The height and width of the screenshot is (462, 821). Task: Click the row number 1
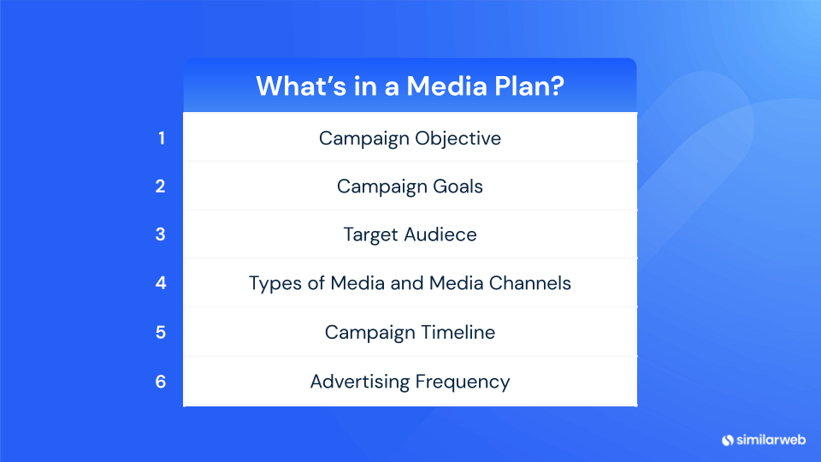[161, 138]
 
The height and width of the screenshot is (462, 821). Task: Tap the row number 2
[161, 186]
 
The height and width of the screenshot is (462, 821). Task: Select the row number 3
[161, 234]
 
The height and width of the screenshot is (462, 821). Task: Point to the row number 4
[161, 282]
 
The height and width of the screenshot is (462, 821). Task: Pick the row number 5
[161, 332]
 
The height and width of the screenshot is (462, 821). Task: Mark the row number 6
[161, 382]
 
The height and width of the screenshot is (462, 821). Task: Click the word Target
[369, 235]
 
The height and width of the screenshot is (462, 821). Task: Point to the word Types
[271, 283]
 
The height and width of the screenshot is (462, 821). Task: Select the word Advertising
[360, 382]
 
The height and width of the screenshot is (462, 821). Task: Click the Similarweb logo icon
[729, 440]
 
